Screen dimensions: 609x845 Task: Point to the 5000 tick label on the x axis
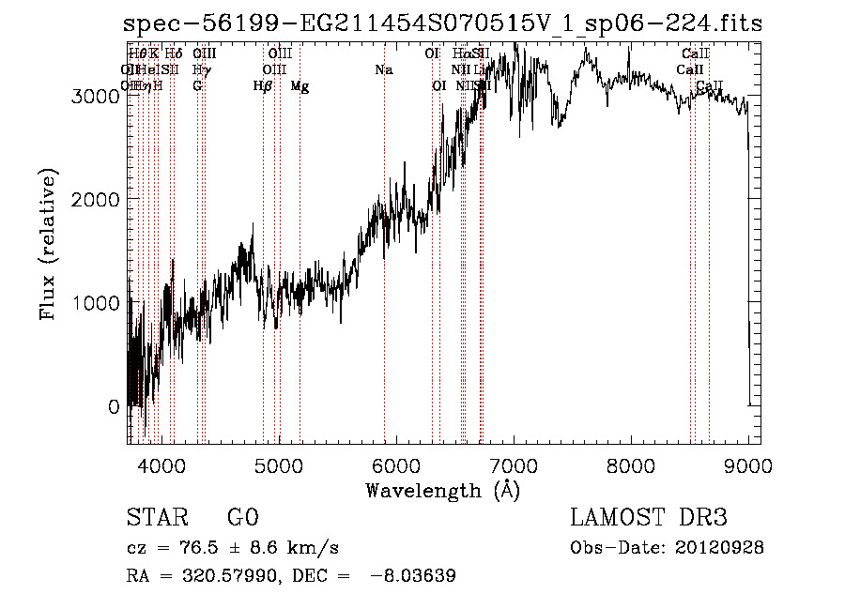click(279, 464)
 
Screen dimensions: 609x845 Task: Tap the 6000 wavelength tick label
click(396, 464)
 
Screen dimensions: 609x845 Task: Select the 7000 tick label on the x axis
click(514, 464)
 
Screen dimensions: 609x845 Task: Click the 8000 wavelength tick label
click(631, 464)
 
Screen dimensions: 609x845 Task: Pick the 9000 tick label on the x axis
click(747, 464)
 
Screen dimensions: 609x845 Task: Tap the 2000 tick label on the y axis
click(100, 199)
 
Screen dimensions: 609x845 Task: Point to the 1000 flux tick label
click(100, 303)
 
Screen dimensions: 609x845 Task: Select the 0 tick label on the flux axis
click(114, 407)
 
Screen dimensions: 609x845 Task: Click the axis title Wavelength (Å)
click(442, 490)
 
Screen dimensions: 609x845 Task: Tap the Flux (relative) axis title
click(48, 244)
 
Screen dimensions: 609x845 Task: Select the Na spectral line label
click(383, 70)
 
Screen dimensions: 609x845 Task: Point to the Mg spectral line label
click(300, 86)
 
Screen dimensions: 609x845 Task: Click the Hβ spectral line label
click(263, 86)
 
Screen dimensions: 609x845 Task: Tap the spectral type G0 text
click(242, 518)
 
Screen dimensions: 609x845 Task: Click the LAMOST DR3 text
click(649, 518)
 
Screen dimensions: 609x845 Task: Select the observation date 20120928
click(719, 547)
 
